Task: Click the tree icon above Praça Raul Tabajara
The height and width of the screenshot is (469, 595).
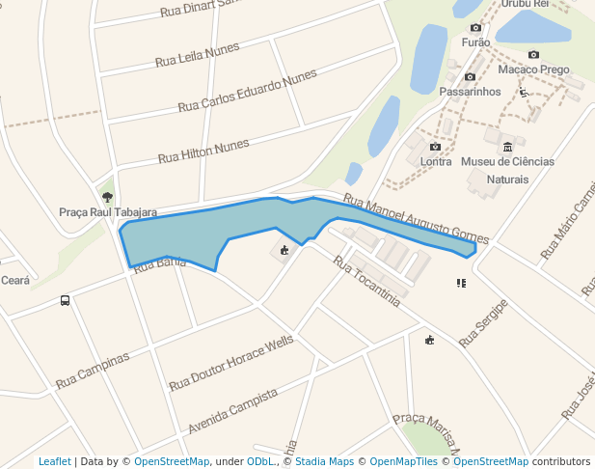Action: coord(107,197)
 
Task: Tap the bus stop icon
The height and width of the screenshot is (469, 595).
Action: coord(65,300)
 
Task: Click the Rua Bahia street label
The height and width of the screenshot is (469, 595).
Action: coord(159,263)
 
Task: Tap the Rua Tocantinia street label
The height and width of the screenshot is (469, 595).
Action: coord(366,281)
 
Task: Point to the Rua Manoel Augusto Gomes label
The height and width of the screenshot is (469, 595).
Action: coord(416,219)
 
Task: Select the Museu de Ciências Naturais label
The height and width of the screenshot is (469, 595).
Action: coord(507,170)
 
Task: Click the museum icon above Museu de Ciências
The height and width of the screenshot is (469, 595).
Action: coord(507,146)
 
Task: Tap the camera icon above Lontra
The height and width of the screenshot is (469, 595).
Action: coord(435,147)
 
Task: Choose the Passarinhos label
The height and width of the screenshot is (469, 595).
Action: coord(470,92)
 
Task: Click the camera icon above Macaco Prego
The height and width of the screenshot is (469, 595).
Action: coord(533,55)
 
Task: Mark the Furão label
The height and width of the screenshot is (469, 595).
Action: coord(476,42)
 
